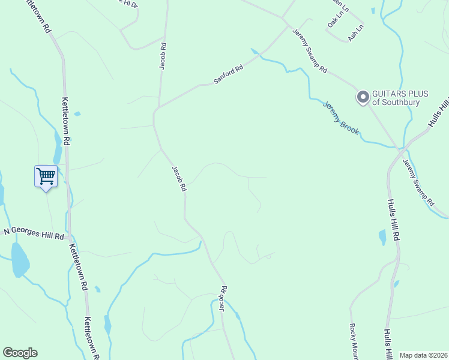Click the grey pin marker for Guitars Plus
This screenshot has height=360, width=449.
point(363,97)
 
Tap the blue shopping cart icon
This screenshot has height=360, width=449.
point(46,176)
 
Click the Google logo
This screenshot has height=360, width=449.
point(20,353)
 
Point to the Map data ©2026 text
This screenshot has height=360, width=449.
point(423,355)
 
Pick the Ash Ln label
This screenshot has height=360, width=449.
point(356,30)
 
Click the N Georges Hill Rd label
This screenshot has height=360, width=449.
point(34,233)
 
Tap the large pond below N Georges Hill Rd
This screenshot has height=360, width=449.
point(20,260)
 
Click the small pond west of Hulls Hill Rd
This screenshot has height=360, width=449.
point(382,237)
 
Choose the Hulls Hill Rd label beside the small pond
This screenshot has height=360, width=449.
point(394,220)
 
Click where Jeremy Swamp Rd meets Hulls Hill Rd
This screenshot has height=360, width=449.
point(400,148)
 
